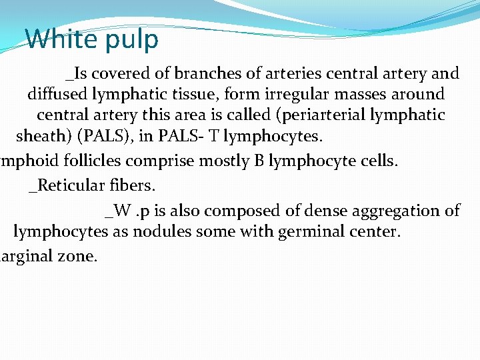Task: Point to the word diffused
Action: pos(57,94)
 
